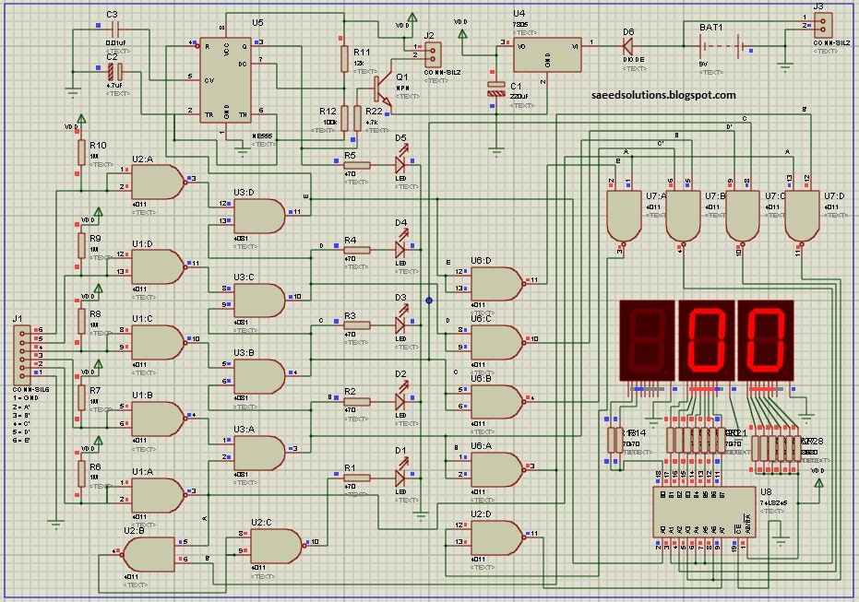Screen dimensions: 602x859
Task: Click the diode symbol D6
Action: pos(629,42)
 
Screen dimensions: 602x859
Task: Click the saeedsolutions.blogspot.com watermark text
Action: pos(664,95)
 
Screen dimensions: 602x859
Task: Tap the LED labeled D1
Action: pos(401,477)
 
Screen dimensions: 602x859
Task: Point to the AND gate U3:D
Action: pos(259,217)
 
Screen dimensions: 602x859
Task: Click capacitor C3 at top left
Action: pos(113,31)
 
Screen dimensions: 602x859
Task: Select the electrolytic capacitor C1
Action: pos(496,90)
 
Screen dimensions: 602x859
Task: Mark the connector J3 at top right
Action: pos(820,22)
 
